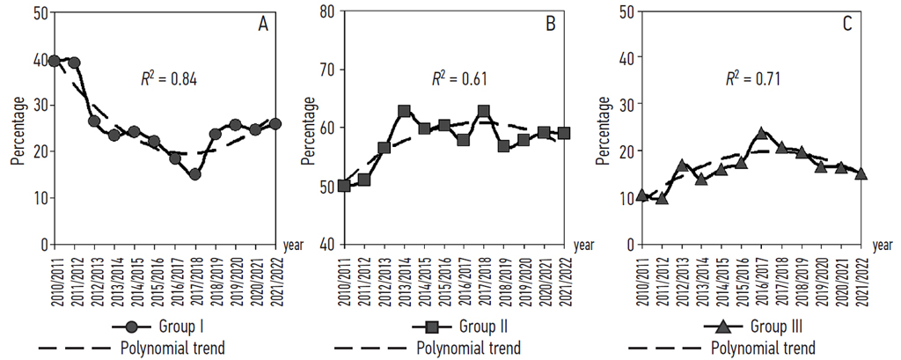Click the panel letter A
pos(263,25)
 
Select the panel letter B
pos(550,25)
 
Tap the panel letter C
pos(846,25)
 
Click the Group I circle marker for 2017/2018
pos(194,174)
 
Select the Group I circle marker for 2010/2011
pos(55,61)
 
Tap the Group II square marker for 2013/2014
pos(405,111)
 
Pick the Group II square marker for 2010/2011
pos(344,186)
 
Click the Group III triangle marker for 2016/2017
pos(762,134)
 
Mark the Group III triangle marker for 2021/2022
pos(861,173)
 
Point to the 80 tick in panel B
pos(324,12)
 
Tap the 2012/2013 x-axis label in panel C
pos(683,276)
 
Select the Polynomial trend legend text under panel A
pos(172,348)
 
